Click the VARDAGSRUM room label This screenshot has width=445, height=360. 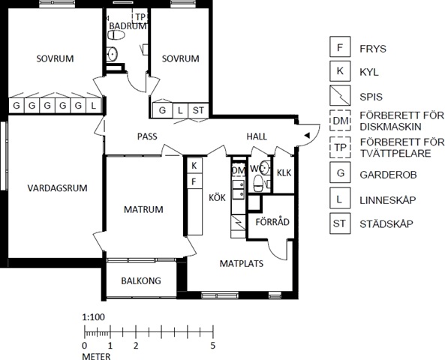point(57,188)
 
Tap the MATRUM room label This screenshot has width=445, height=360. point(143,210)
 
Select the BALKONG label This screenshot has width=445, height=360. point(141,280)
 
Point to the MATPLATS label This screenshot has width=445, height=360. point(242,263)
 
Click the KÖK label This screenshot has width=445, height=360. point(217,197)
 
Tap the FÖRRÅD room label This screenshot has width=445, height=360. point(272,221)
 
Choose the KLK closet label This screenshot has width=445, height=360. point(284,172)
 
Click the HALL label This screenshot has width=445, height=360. point(257,136)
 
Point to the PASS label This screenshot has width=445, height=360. point(147,136)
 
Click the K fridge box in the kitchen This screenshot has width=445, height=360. point(194,166)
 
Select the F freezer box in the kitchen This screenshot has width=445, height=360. point(194,181)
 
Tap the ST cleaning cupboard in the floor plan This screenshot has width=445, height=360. point(198,110)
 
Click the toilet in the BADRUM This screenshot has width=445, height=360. point(116,35)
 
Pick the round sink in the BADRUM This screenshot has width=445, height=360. point(112,54)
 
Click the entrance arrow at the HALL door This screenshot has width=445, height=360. point(307,135)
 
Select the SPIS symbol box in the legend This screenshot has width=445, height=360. point(340,95)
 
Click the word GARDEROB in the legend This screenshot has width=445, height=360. point(388,175)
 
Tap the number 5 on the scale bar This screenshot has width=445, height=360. point(213,346)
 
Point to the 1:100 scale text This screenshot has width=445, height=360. point(94,317)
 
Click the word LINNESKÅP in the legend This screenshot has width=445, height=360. point(388,200)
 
